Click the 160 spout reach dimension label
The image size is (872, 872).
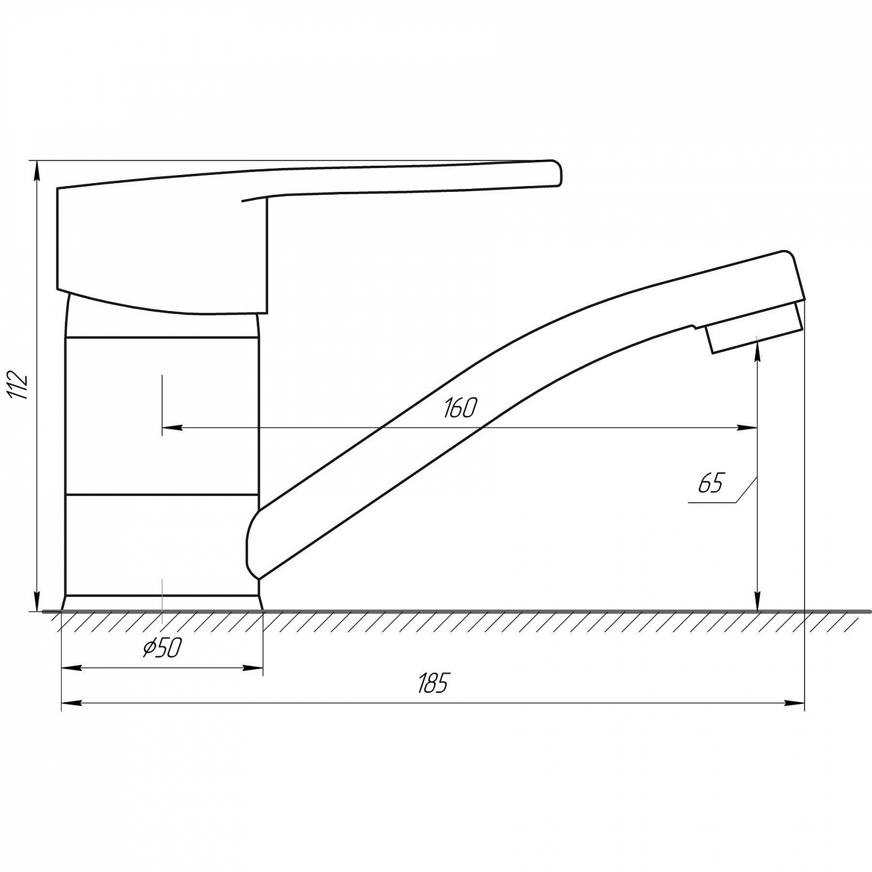click(x=460, y=409)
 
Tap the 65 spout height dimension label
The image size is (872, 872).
click(x=711, y=483)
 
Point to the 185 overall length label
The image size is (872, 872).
click(x=434, y=683)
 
